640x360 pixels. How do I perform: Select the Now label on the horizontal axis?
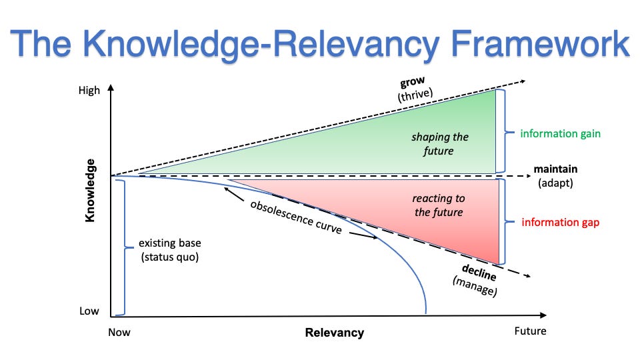click(x=119, y=331)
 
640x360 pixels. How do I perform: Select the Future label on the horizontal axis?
click(x=530, y=331)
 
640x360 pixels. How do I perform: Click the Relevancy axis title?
click(x=335, y=332)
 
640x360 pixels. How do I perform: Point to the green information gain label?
click(x=561, y=133)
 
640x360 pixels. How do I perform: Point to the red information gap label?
click(x=560, y=222)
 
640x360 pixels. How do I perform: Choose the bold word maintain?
click(x=555, y=169)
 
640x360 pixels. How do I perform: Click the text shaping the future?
click(x=440, y=144)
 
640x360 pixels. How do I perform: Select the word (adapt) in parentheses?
click(x=555, y=181)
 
